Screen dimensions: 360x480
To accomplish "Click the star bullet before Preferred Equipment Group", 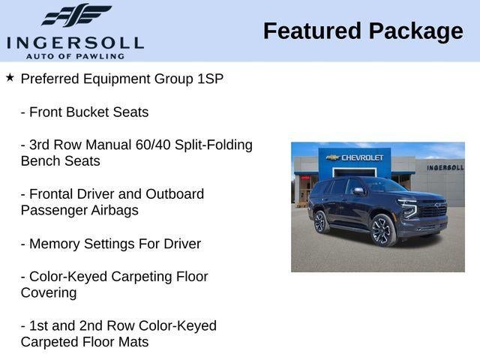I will (x=10, y=77).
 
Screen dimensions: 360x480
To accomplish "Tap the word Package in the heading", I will (x=416, y=31).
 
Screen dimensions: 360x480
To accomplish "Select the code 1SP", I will (x=208, y=79).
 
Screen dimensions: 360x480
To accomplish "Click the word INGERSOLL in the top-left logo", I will (x=75, y=42).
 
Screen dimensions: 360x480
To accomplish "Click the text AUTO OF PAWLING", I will (x=75, y=56).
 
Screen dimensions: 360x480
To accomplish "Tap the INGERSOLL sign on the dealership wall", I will (x=445, y=167).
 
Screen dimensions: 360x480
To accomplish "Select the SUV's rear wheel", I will (x=321, y=221).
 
